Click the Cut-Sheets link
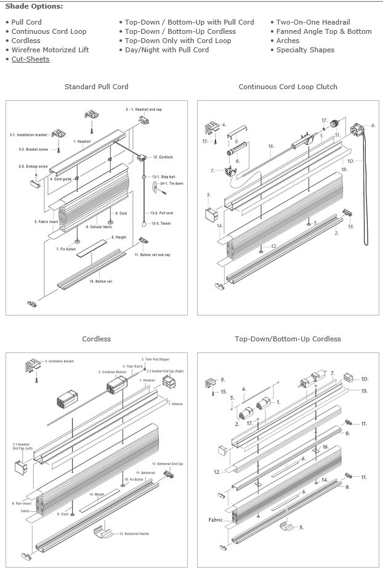click(30, 59)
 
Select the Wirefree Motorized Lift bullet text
click(50, 50)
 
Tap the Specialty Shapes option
click(305, 50)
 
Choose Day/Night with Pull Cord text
click(166, 50)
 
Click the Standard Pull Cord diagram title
click(96, 87)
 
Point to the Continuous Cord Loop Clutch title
click(288, 87)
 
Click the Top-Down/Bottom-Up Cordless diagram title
click(288, 339)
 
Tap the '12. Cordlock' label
click(164, 157)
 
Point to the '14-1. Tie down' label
click(172, 184)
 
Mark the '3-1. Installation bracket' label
click(28, 135)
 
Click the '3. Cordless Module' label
click(108, 372)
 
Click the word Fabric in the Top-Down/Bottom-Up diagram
click(216, 520)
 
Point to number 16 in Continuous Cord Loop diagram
click(270, 146)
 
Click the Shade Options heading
click(34, 6)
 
